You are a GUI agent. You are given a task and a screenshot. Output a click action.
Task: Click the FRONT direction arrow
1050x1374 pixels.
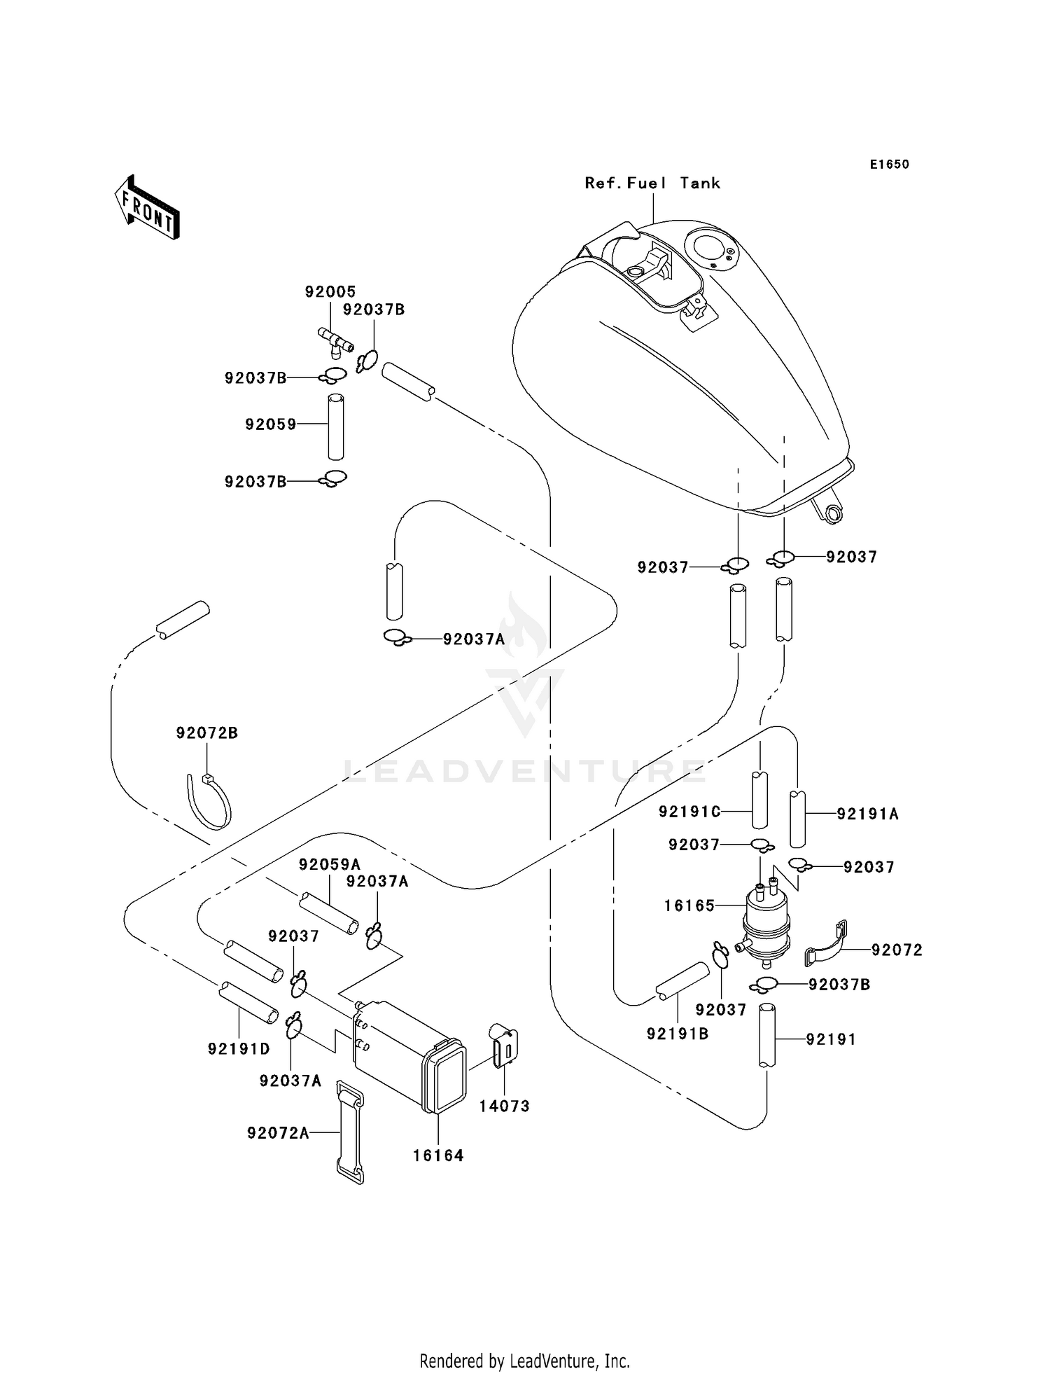tap(148, 209)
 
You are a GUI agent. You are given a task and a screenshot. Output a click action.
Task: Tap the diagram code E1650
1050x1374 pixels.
tap(889, 165)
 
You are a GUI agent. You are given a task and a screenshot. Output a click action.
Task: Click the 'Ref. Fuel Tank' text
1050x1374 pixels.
tap(652, 183)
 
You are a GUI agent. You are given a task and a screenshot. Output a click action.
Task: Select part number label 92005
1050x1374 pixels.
tap(330, 291)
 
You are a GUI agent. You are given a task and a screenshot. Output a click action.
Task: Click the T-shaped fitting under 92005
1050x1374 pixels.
tap(336, 340)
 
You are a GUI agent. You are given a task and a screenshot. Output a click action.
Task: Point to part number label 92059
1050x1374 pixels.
tap(271, 424)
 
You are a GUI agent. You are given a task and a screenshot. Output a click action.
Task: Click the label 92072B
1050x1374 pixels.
tap(206, 733)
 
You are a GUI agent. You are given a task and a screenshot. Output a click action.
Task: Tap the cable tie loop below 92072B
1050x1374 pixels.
tap(209, 803)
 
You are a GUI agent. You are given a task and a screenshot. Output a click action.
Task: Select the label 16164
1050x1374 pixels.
tap(438, 1156)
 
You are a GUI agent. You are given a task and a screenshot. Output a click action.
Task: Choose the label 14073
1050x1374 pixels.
tap(504, 1106)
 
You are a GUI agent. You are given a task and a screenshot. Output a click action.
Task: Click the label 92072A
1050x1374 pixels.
tap(278, 1133)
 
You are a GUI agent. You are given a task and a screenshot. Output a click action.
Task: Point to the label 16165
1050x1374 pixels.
tap(689, 906)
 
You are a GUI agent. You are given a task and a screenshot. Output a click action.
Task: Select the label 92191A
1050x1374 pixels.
tap(868, 814)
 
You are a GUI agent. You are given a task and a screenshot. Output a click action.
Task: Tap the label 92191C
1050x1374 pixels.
tap(689, 812)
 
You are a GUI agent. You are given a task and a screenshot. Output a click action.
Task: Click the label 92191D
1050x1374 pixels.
tap(239, 1049)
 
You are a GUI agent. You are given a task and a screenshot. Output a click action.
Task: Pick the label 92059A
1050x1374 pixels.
tap(329, 865)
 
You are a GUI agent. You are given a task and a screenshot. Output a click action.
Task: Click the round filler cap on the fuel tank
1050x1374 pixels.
tap(708, 247)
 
